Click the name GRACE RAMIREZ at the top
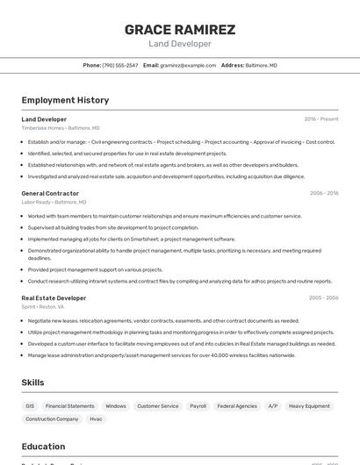point(180,30)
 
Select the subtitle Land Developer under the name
point(180,44)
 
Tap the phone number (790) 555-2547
point(119,66)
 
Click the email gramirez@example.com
point(188,66)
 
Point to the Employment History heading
point(65,100)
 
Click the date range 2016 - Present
point(321,119)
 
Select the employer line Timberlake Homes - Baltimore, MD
point(61,128)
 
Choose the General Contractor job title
point(50,193)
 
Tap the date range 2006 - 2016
point(324,193)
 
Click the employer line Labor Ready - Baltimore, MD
point(54,202)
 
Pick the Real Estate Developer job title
point(54,298)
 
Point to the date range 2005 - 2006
point(324,298)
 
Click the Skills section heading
point(32,383)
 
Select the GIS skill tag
point(30,406)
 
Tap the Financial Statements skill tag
point(69,406)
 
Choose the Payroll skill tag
point(198,406)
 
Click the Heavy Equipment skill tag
point(309,406)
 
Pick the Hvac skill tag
point(96,419)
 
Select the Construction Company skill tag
point(52,419)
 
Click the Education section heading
point(43,447)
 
